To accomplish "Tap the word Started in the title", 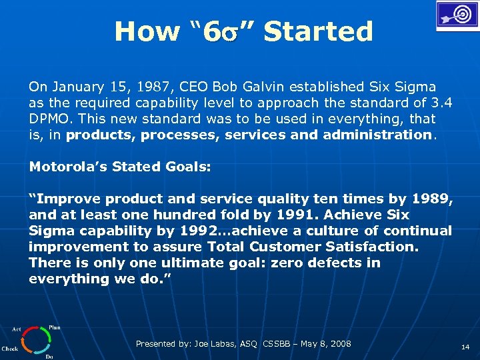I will click(318, 31).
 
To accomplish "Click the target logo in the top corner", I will click(457, 15).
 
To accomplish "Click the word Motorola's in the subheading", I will click(65, 167).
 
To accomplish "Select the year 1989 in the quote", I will click(432, 199).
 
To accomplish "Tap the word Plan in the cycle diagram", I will click(55, 328).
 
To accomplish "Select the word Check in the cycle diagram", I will click(10, 348).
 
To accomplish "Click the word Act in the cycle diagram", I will click(16, 329).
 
